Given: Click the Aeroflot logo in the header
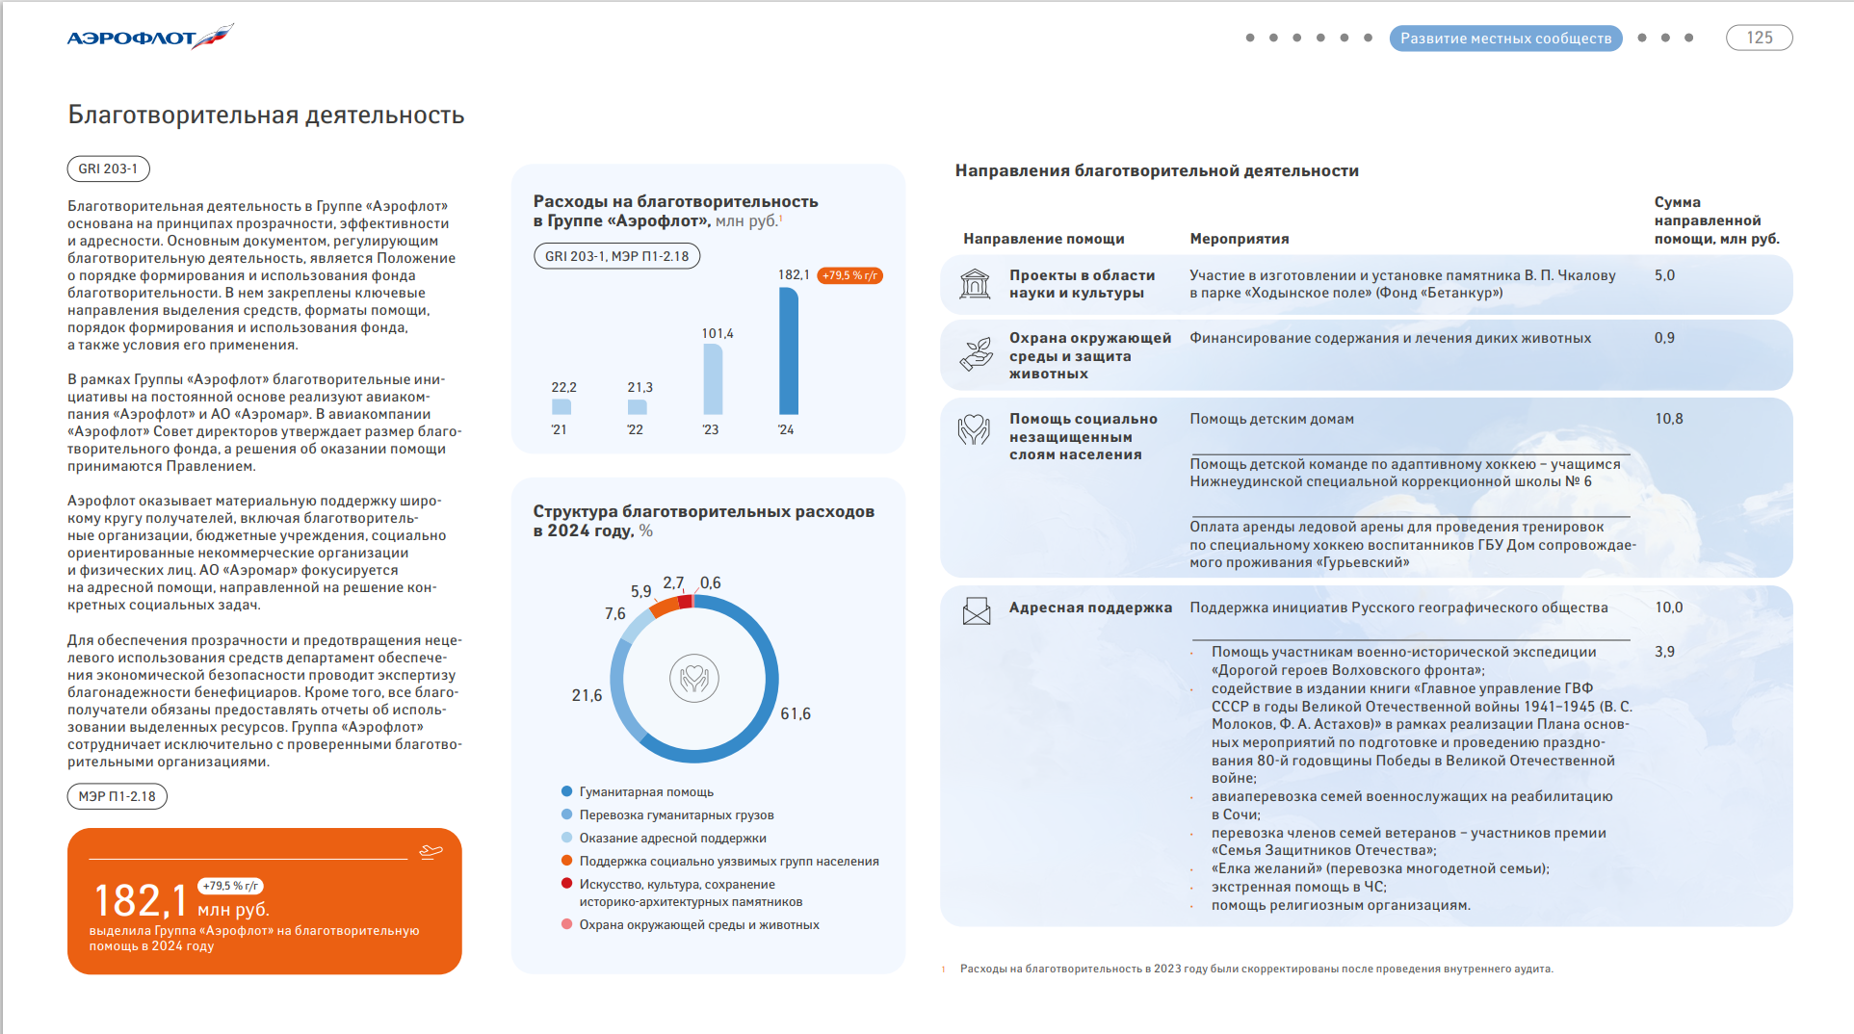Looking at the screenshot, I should (x=149, y=38).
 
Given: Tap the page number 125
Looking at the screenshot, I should (x=1759, y=38).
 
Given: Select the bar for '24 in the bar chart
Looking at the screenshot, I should (x=788, y=351).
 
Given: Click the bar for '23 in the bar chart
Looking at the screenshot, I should (x=713, y=379).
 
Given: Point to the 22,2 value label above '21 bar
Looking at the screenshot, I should (x=563, y=387).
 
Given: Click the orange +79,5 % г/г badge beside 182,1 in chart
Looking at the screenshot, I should (x=849, y=275).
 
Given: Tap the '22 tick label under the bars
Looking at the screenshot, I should (x=635, y=429).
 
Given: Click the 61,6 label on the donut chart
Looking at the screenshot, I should (x=796, y=713).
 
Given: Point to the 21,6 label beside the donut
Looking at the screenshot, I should (x=587, y=695).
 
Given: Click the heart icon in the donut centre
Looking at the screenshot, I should (x=693, y=679).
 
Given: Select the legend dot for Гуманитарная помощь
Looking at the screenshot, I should (x=567, y=791).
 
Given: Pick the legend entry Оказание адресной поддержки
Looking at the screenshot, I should (x=672, y=838).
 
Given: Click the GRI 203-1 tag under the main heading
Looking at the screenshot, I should (x=108, y=168).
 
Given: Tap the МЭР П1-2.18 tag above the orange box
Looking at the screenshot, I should (x=117, y=796).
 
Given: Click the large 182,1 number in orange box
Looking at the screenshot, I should (x=141, y=901).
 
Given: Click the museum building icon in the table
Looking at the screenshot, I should (x=975, y=284).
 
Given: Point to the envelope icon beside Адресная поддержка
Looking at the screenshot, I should (x=976, y=610).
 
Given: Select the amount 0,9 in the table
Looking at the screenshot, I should (x=1664, y=338).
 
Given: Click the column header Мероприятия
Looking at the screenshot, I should (x=1239, y=239).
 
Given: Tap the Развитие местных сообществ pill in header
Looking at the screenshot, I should (x=1505, y=39).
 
